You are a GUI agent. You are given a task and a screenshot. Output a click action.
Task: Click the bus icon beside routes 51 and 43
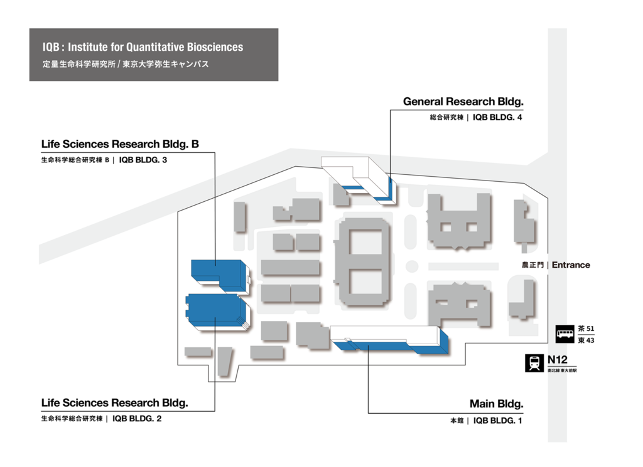565,334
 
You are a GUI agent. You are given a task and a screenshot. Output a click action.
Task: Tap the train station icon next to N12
534,363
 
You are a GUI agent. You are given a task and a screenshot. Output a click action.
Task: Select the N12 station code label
558,360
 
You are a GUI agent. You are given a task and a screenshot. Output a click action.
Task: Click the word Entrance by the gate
571,265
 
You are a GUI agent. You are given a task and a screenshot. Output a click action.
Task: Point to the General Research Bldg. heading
463,102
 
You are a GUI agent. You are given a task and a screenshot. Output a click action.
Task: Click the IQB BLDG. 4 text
497,117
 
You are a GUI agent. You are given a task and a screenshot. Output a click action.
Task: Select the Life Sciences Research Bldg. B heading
120,144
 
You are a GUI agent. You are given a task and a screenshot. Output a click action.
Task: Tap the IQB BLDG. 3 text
143,160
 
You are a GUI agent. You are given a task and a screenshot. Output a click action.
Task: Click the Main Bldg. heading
497,404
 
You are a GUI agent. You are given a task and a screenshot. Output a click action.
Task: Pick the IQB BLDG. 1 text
498,421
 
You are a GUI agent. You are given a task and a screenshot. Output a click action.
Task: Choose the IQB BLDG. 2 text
137,419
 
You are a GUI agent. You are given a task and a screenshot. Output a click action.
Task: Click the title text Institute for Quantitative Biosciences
156,47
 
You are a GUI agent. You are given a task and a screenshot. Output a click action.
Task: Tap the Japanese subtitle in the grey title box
126,65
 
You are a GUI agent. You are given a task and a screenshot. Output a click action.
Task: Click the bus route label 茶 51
586,328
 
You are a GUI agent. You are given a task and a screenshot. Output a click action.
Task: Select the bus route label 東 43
586,340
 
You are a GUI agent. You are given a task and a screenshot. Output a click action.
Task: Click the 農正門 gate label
532,265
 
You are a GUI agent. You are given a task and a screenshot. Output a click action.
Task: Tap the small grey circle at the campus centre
412,266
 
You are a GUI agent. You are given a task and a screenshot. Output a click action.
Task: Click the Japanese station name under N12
562,370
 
